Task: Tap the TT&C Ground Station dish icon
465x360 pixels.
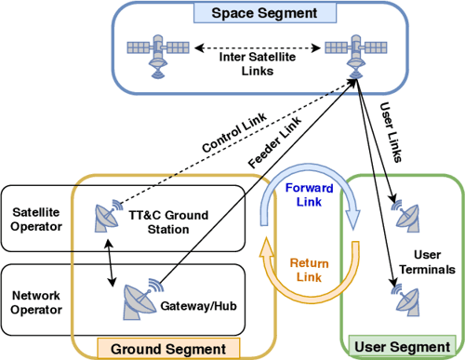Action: [105, 217]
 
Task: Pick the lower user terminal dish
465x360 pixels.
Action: [407, 299]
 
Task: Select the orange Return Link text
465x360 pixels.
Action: [304, 269]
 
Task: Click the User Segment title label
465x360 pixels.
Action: [402, 347]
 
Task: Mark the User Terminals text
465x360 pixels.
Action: [434, 261]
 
